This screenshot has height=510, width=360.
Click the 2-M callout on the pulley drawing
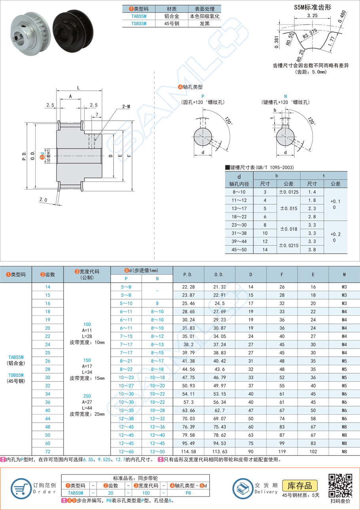(126, 106)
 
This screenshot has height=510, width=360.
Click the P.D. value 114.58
(188, 451)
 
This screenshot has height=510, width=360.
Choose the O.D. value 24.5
(219, 303)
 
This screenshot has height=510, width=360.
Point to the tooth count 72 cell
(47, 451)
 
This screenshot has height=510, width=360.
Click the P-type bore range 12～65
(125, 451)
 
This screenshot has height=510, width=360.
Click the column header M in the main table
(344, 274)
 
